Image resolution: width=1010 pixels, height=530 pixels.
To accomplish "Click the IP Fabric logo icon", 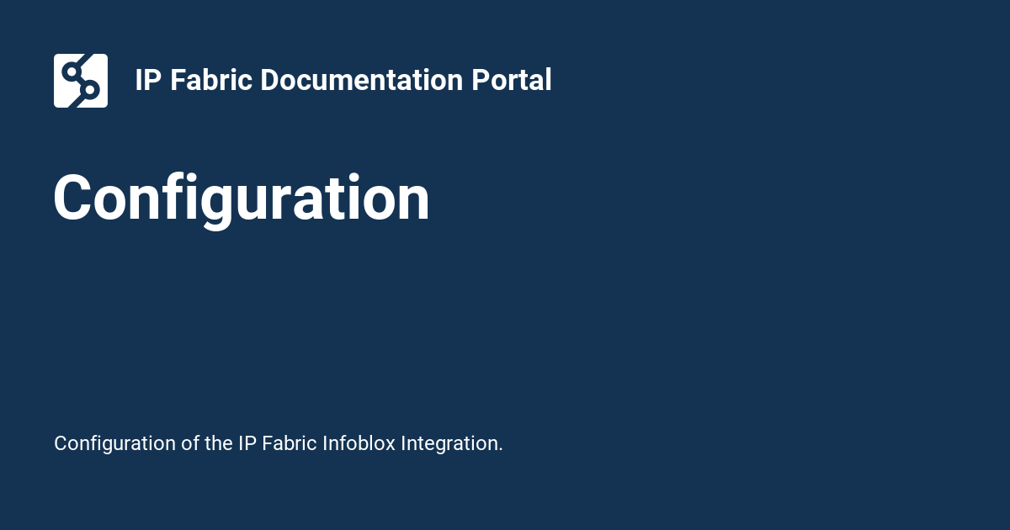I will click(x=81, y=81).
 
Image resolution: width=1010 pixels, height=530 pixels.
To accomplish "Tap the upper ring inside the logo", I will click(x=72, y=70).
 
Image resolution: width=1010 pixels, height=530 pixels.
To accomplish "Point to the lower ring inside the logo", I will click(x=90, y=89).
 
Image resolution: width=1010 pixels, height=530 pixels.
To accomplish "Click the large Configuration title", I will click(x=242, y=199).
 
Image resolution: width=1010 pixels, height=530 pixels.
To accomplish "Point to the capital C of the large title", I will click(x=74, y=199).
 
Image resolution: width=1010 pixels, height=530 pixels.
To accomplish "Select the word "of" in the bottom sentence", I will click(x=190, y=443).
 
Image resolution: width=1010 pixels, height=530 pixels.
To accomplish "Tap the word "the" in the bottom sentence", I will click(x=219, y=443).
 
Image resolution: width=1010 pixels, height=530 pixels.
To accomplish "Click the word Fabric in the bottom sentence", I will click(x=290, y=443).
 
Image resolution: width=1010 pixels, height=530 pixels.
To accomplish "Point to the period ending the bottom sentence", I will click(x=501, y=450).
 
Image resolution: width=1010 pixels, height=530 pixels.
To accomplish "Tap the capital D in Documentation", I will click(x=269, y=81).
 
